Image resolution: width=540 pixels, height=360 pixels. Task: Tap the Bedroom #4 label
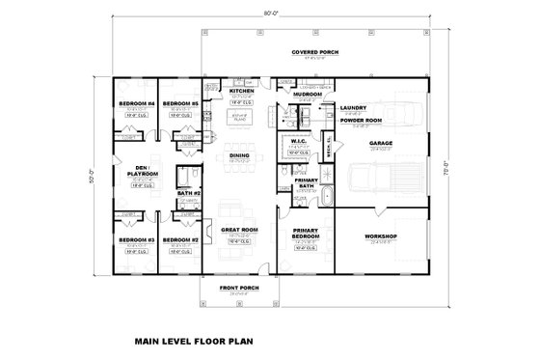[x=136, y=103]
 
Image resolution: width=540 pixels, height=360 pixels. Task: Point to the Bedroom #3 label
[x=136, y=238]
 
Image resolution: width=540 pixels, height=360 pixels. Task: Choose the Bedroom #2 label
[x=180, y=238]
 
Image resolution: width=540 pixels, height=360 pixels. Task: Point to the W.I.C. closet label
[x=298, y=140]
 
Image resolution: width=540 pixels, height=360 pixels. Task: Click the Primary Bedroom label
[x=306, y=233]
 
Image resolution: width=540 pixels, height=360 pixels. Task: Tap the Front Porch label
[x=237, y=287]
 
